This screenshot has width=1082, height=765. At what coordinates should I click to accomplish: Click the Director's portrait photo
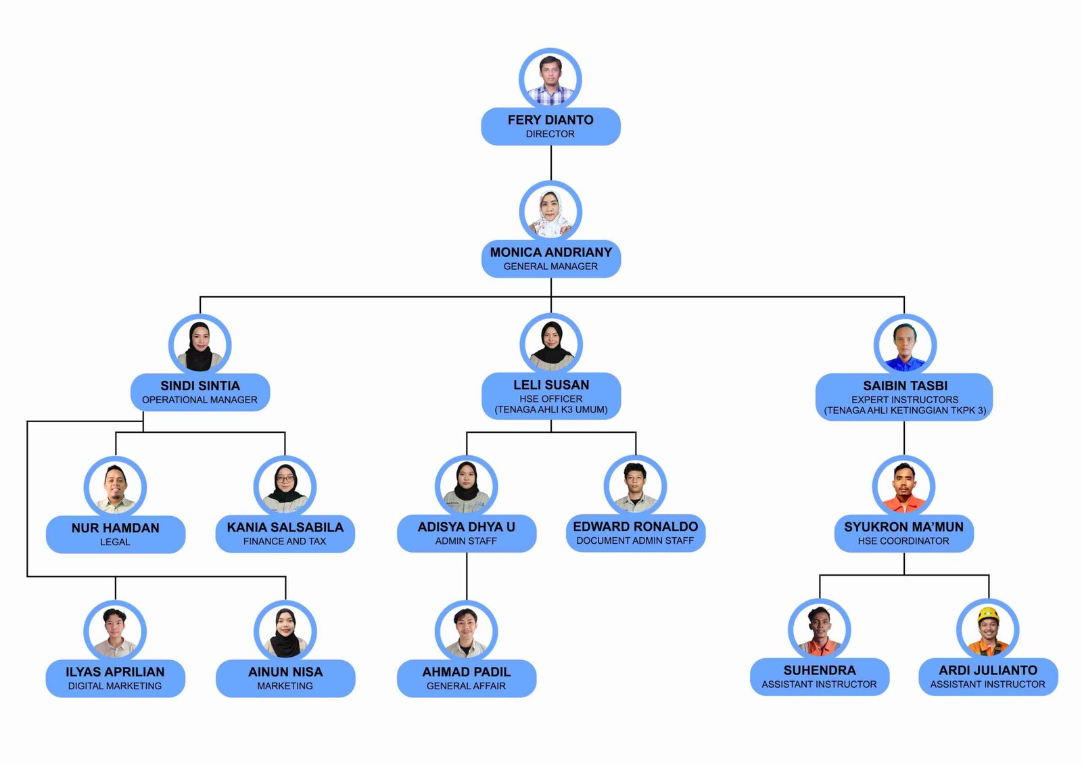[550, 79]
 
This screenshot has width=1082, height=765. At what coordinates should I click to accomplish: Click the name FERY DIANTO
[550, 120]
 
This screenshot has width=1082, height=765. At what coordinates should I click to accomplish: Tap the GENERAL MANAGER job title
[550, 266]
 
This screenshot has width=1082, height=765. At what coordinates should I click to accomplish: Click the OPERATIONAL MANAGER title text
[199, 400]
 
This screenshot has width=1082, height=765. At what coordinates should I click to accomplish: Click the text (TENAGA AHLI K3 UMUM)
[550, 410]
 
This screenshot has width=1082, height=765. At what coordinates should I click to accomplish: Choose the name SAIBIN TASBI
[905, 386]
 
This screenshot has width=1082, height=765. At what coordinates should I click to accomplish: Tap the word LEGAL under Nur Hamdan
[115, 542]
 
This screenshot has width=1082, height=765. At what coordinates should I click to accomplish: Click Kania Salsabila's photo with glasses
[285, 486]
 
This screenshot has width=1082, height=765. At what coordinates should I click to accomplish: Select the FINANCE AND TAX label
[285, 541]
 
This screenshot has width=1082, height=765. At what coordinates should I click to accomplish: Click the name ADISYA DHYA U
[466, 527]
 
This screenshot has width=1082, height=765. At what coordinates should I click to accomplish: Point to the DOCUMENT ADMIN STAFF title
[635, 540]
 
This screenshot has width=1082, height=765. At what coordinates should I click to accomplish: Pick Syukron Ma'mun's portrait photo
[903, 486]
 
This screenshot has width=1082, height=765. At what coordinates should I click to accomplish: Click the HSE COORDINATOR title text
[903, 540]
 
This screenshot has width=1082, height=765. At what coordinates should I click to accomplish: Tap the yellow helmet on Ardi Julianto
[988, 614]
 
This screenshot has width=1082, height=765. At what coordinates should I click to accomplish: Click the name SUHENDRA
[819, 670]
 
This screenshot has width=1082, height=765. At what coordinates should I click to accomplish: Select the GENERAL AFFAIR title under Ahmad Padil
[466, 686]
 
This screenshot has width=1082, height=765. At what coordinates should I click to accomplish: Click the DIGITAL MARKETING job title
[115, 686]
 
